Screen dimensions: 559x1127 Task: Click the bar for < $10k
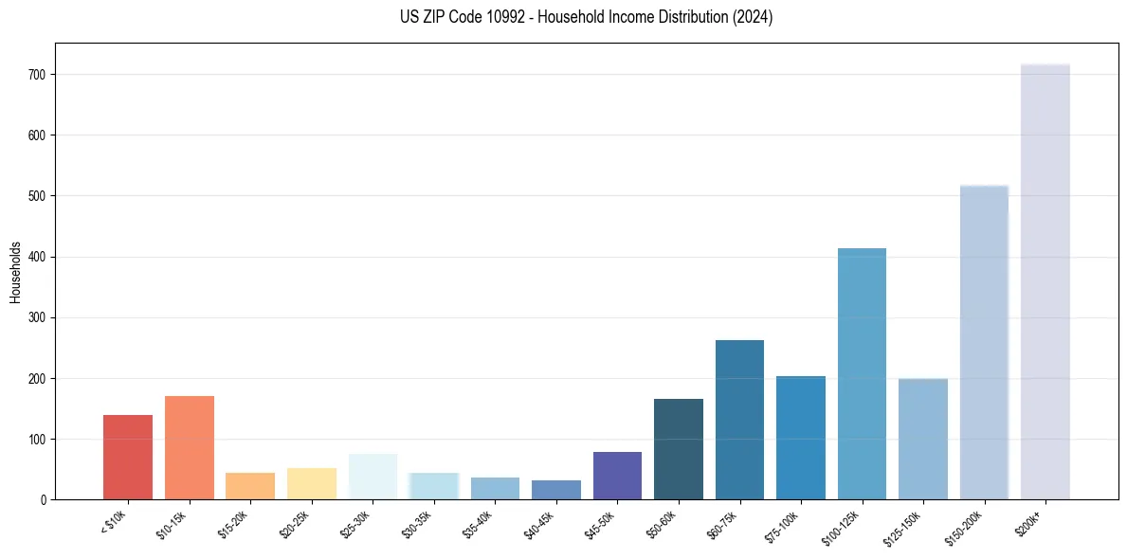tap(128, 458)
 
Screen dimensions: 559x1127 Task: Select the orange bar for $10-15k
tap(190, 448)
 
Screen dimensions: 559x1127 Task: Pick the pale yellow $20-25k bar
tap(312, 484)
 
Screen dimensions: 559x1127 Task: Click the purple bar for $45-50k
tap(617, 476)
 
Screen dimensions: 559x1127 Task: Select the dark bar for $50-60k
tap(679, 449)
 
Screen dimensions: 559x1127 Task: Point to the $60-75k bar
tap(739, 420)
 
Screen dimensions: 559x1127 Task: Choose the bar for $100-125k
tap(862, 374)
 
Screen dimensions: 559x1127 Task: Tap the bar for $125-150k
tap(923, 439)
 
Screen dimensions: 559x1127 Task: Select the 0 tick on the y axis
tap(44, 500)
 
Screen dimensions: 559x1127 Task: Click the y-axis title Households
tap(16, 272)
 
